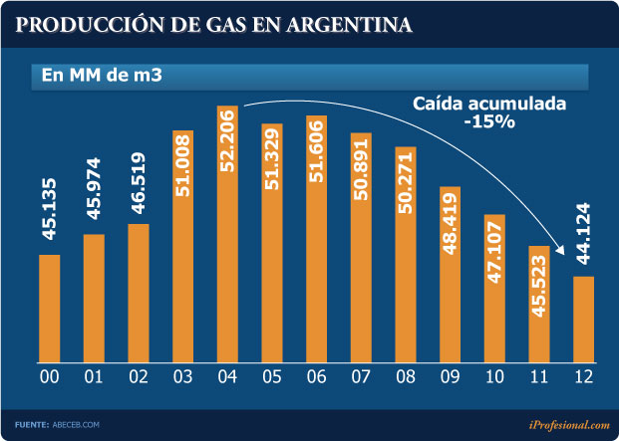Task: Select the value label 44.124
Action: (584, 238)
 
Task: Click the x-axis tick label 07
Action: (361, 377)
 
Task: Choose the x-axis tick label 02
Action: (139, 377)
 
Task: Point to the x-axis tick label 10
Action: (494, 377)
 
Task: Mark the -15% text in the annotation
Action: (488, 122)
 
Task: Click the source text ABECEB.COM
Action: (76, 425)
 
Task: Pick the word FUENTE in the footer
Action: (31, 425)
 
